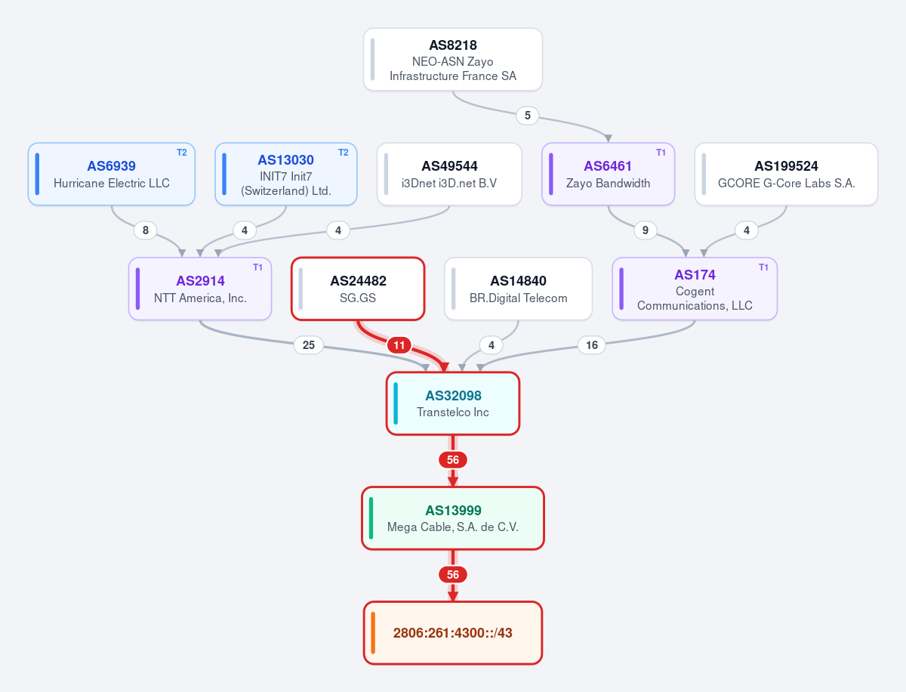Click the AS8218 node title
(x=453, y=45)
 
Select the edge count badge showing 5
(x=527, y=115)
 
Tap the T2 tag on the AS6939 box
(x=182, y=153)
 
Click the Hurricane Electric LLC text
(x=112, y=183)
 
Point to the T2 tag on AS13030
(x=343, y=153)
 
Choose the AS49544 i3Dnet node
(x=449, y=174)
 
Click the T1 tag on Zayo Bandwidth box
(x=661, y=153)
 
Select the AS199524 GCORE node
(x=786, y=174)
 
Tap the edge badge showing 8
(x=145, y=230)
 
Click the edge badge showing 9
(x=645, y=230)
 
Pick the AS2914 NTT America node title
(x=200, y=281)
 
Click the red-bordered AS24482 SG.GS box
(x=358, y=289)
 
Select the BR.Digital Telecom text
(x=518, y=298)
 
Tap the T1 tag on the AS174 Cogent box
(x=763, y=267)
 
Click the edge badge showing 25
(x=308, y=344)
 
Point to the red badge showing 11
(x=399, y=344)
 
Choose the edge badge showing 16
(x=591, y=344)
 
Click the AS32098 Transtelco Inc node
(x=453, y=403)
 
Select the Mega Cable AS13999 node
(x=453, y=518)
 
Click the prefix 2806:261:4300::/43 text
(x=453, y=632)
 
